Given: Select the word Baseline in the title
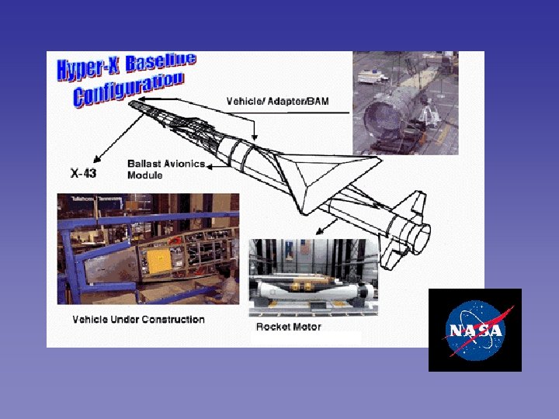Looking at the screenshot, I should click(161, 63).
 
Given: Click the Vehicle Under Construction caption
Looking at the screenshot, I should click(138, 319).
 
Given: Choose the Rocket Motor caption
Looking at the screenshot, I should click(288, 327).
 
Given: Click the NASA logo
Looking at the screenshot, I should click(474, 330).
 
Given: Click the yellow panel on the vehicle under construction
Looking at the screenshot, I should click(159, 262).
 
